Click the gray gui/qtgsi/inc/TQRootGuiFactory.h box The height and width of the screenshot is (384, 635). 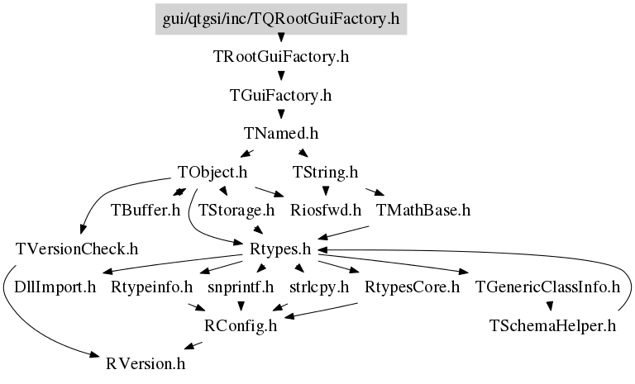pyautogui.click(x=281, y=19)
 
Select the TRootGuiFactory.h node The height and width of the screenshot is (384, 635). pyautogui.click(x=281, y=57)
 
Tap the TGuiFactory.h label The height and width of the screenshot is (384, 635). pyautogui.click(x=281, y=96)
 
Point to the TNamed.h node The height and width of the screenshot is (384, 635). pyautogui.click(x=281, y=134)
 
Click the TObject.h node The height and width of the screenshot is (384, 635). pyautogui.click(x=212, y=173)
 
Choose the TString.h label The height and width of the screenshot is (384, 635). pyautogui.click(x=326, y=173)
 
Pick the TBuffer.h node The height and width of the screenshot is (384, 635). pyautogui.click(x=146, y=211)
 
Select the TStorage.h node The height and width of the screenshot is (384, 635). pyautogui.click(x=236, y=211)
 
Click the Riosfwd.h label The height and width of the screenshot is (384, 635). pyautogui.click(x=326, y=211)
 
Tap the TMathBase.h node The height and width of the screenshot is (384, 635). pyautogui.click(x=423, y=211)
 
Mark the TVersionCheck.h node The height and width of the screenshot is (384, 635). pyautogui.click(x=77, y=249)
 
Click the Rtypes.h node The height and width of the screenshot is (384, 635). pyautogui.click(x=280, y=249)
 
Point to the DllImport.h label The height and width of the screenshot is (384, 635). pyautogui.click(x=55, y=287)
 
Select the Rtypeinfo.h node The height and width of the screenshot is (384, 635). pyautogui.click(x=152, y=287)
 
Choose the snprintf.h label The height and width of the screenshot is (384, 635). pyautogui.click(x=241, y=287)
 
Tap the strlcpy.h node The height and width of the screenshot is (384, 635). pyautogui.click(x=319, y=287)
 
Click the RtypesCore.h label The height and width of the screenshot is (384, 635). pyautogui.click(x=413, y=287)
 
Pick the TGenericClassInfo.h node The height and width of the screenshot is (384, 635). pyautogui.click(x=547, y=287)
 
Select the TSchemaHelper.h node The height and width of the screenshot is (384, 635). pyautogui.click(x=552, y=325)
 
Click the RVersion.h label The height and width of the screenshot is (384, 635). pyautogui.click(x=146, y=364)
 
